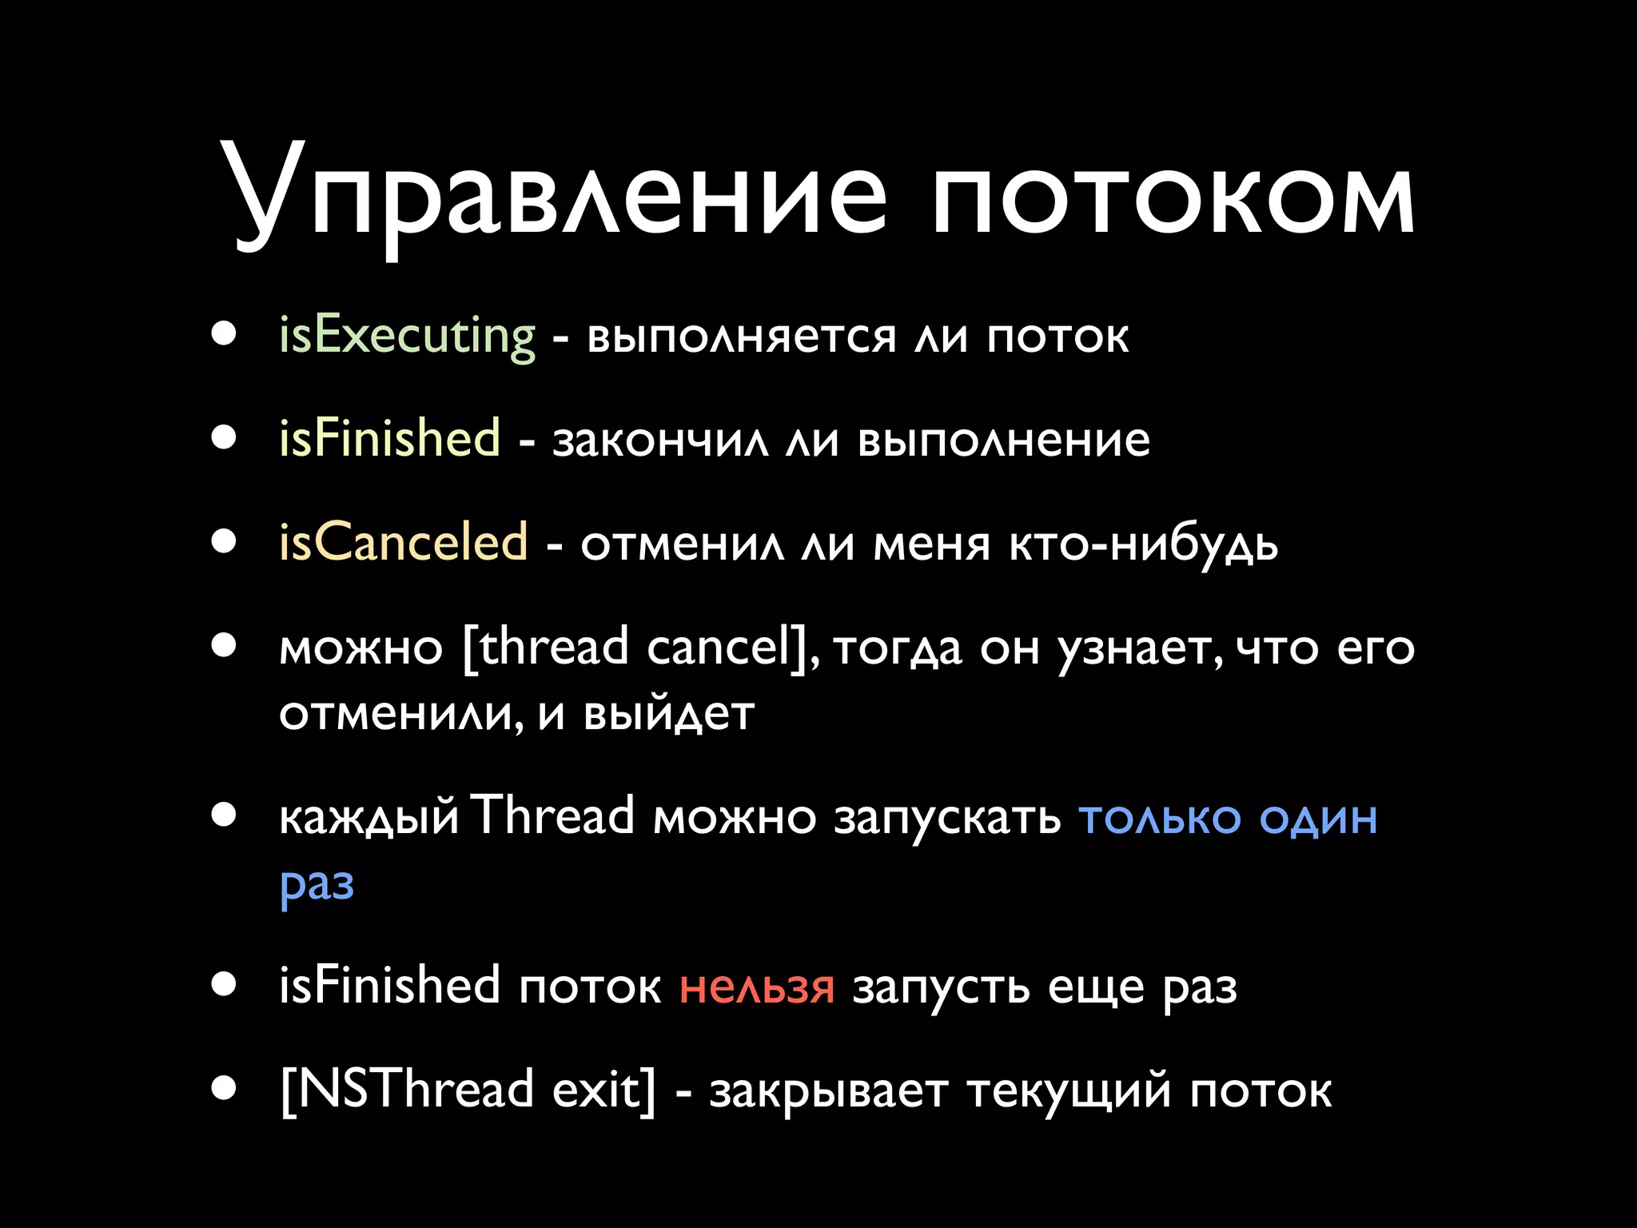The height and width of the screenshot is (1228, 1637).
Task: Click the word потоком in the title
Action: (1173, 196)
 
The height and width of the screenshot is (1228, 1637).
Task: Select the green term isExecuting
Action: (407, 336)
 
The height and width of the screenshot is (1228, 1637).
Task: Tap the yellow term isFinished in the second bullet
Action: (389, 439)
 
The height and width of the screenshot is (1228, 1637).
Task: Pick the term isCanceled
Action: (403, 543)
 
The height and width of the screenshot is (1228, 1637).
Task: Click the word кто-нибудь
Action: (1143, 544)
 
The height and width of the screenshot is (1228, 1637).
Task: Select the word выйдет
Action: (668, 714)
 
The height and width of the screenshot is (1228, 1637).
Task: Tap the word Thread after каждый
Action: (552, 816)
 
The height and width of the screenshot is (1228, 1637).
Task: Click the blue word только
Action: (1160, 818)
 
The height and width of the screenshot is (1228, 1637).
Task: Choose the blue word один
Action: (1318, 818)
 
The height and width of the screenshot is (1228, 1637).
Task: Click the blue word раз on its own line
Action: (317, 885)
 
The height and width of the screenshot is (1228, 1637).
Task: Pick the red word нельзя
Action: (756, 987)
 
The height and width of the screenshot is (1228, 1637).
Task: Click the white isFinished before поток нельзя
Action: (389, 985)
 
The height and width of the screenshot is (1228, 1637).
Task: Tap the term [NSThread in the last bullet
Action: (407, 1090)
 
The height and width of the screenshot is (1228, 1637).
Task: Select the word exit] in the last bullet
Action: (603, 1090)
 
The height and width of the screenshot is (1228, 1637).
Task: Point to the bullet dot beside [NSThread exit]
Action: (225, 1088)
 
